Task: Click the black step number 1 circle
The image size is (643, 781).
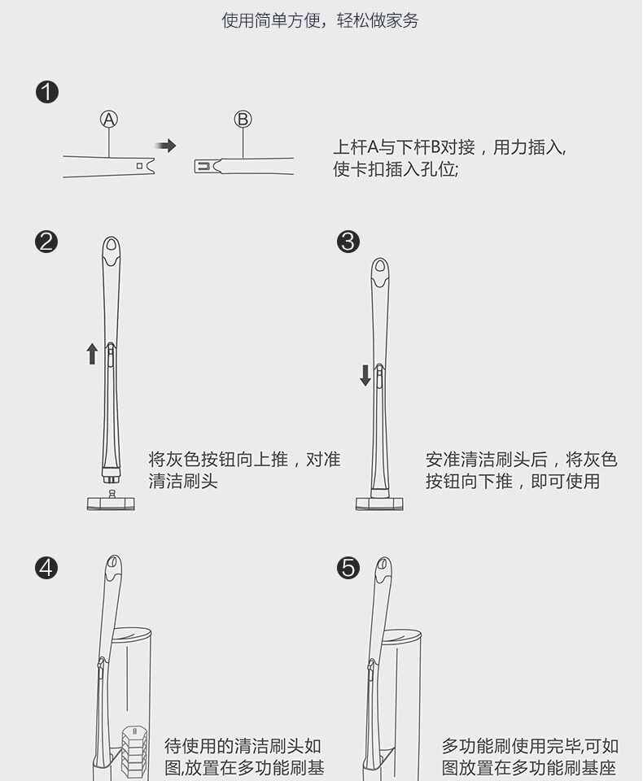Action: pos(47,92)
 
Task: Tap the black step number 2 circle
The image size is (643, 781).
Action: pos(47,242)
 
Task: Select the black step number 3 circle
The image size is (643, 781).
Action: pos(348,242)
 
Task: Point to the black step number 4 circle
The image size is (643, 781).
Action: pos(47,567)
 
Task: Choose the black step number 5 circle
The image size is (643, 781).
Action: pos(348,567)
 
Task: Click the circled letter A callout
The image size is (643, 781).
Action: pos(108,120)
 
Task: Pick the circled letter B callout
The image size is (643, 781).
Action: pos(243,120)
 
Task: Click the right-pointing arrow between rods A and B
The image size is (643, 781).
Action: pos(166,146)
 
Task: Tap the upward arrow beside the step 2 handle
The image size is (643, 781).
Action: pos(92,353)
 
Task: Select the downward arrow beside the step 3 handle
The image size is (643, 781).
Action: pos(365,375)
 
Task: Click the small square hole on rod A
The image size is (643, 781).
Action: pos(140,165)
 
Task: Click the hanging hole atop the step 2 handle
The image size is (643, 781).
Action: pos(112,244)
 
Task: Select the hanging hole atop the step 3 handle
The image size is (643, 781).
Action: pos(380,266)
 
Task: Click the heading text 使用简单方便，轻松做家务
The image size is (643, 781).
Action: pos(321,20)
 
